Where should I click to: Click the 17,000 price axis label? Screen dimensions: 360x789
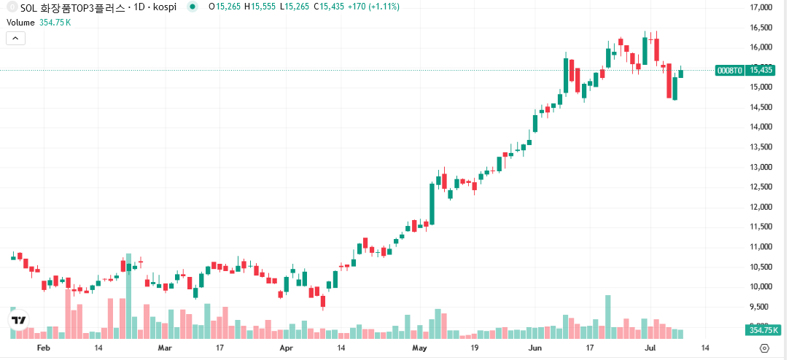point(761,8)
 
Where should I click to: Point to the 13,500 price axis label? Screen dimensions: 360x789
point(761,146)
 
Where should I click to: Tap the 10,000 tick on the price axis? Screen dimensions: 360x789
point(761,286)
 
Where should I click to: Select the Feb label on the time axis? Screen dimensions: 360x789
point(43,348)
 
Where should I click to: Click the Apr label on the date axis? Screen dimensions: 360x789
point(287,348)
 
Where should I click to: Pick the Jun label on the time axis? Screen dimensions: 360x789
point(535,348)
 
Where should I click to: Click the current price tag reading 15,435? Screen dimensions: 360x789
point(761,70)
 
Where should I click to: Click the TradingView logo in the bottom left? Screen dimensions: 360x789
point(18,320)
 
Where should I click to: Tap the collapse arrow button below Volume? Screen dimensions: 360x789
point(15,39)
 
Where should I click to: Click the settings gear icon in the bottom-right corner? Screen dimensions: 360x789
point(764,348)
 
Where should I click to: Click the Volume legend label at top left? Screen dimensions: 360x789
point(20,23)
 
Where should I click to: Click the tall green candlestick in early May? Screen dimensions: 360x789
point(432,203)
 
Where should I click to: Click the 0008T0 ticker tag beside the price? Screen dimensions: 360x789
point(729,70)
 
